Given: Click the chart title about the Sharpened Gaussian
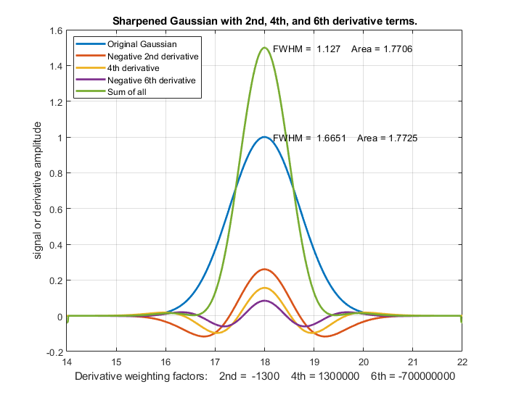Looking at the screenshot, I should click(264, 22).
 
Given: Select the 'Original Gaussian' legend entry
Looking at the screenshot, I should click(142, 44).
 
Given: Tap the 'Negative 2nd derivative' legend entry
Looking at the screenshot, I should click(152, 56).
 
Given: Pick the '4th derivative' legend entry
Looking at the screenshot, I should click(133, 68).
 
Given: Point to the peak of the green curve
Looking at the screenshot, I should click(264, 49).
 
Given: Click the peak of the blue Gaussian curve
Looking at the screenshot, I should click(264, 137).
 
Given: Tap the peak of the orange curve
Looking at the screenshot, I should click(264, 270).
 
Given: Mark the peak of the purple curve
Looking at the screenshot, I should click(264, 301).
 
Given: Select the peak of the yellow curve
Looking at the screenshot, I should click(264, 288).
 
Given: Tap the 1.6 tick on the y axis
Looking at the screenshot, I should click(54, 32).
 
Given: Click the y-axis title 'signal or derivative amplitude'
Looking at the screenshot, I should click(38, 191).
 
